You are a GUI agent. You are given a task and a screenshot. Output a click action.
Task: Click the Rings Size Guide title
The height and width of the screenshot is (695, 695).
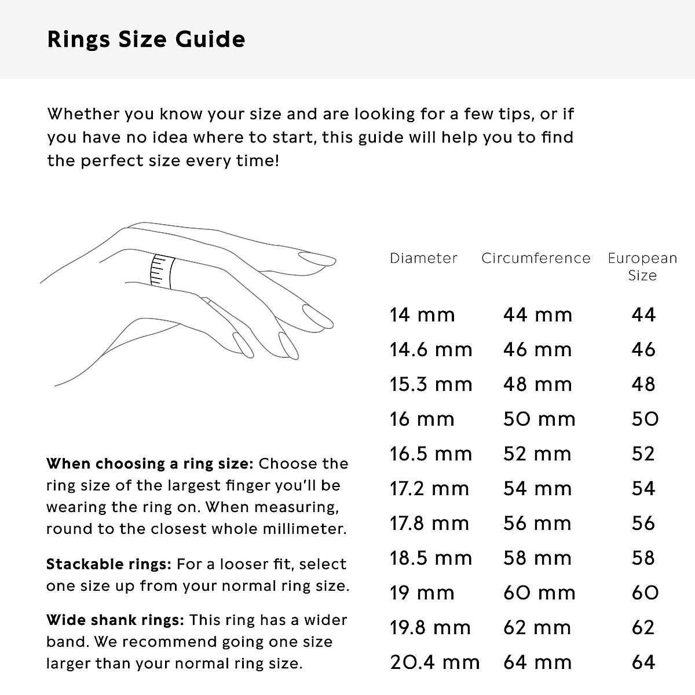(x=146, y=39)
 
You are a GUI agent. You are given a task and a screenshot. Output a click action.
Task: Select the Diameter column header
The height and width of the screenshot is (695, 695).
(x=423, y=258)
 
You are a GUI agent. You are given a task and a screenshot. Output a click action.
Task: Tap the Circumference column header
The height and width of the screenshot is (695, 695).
(x=536, y=258)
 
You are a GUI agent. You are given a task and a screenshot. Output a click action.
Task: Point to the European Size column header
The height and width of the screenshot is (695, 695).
(x=642, y=266)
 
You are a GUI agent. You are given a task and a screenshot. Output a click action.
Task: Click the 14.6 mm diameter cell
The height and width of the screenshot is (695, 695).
(x=430, y=350)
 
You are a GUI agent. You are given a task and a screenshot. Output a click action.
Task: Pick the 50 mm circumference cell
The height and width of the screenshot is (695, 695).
(x=539, y=419)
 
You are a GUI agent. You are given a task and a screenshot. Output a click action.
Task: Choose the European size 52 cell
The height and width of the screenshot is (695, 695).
(x=643, y=454)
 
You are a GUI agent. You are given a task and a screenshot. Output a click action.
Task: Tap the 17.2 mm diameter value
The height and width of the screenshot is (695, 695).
(x=429, y=489)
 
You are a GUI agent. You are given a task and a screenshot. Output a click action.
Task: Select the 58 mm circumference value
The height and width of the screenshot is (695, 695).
(x=537, y=558)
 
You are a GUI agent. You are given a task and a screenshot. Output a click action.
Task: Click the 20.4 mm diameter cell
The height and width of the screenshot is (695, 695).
(x=434, y=663)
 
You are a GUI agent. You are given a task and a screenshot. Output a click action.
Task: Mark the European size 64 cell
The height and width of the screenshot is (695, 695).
(x=643, y=663)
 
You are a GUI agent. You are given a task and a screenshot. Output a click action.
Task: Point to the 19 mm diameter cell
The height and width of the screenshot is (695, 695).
(x=422, y=593)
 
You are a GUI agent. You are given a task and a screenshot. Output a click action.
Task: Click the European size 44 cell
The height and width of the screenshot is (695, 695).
(x=643, y=315)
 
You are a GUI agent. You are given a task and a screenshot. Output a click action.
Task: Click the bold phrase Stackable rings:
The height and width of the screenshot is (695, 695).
(x=108, y=564)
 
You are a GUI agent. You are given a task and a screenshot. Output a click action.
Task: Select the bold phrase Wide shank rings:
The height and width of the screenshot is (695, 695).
(x=115, y=620)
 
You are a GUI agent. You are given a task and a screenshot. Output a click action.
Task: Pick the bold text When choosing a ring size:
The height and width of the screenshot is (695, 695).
(x=149, y=464)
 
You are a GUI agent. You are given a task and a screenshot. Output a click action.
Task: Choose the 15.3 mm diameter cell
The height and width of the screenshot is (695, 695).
(x=430, y=385)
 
